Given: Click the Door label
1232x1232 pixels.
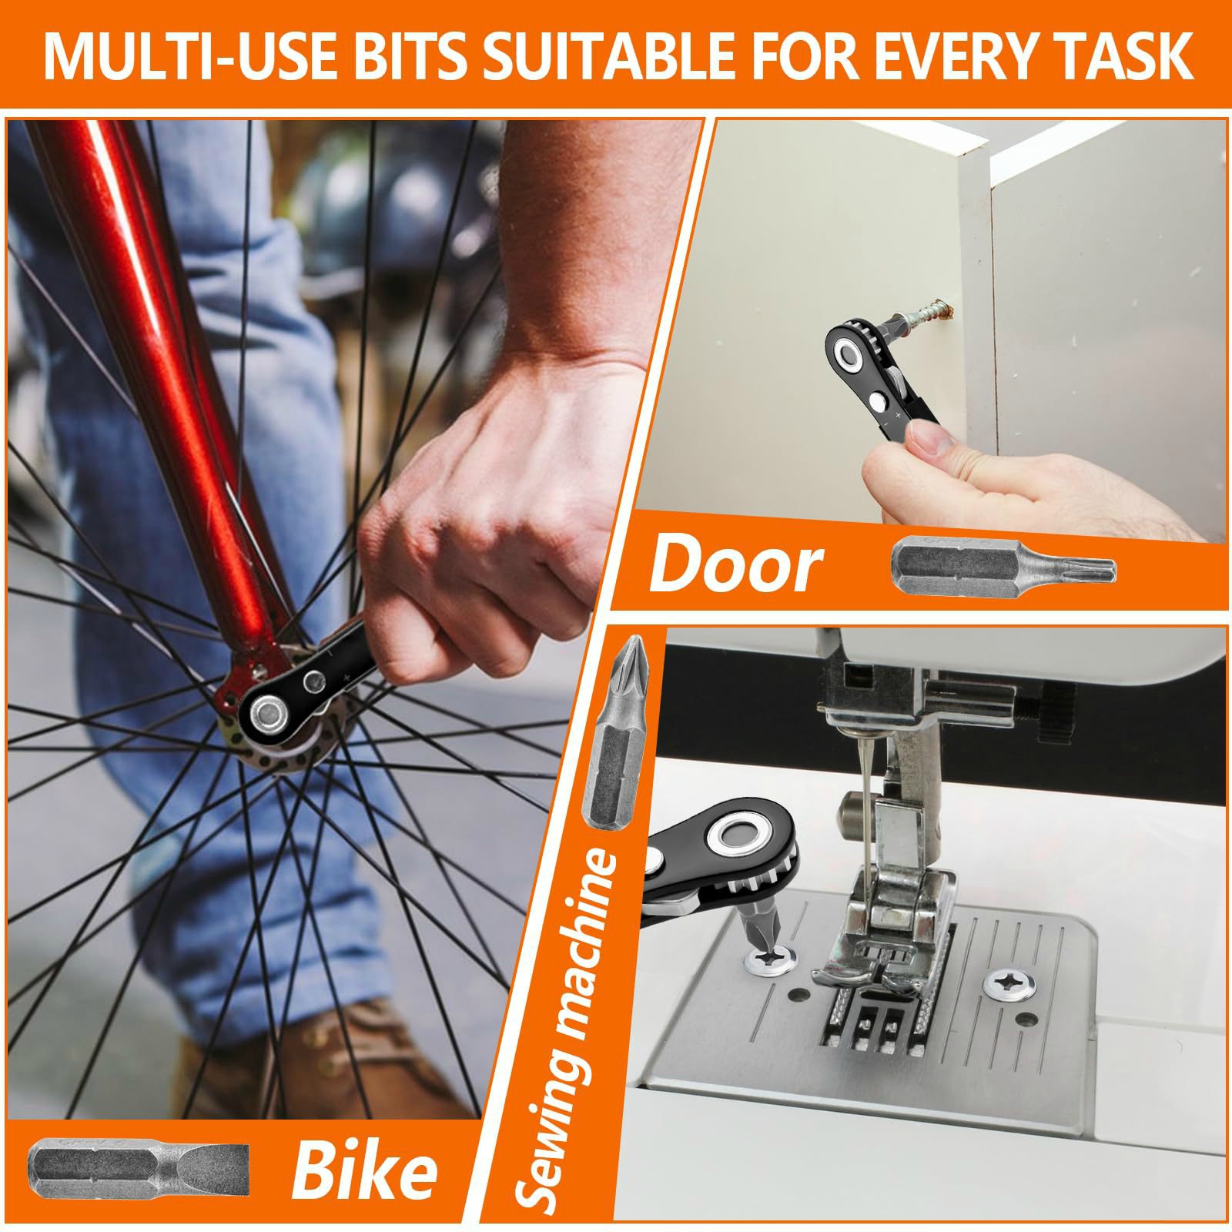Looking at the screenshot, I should (735, 566).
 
